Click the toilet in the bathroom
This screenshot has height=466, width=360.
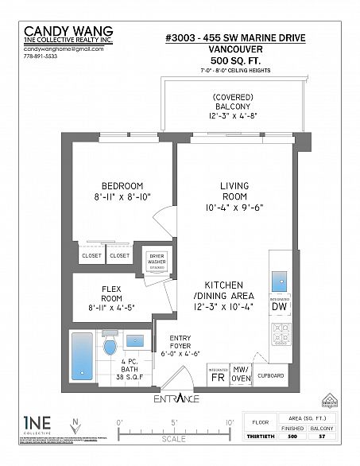point(111,346)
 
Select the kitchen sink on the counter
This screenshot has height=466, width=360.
point(278,280)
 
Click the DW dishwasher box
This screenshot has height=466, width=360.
point(278,305)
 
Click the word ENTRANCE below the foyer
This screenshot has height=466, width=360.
point(177,398)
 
